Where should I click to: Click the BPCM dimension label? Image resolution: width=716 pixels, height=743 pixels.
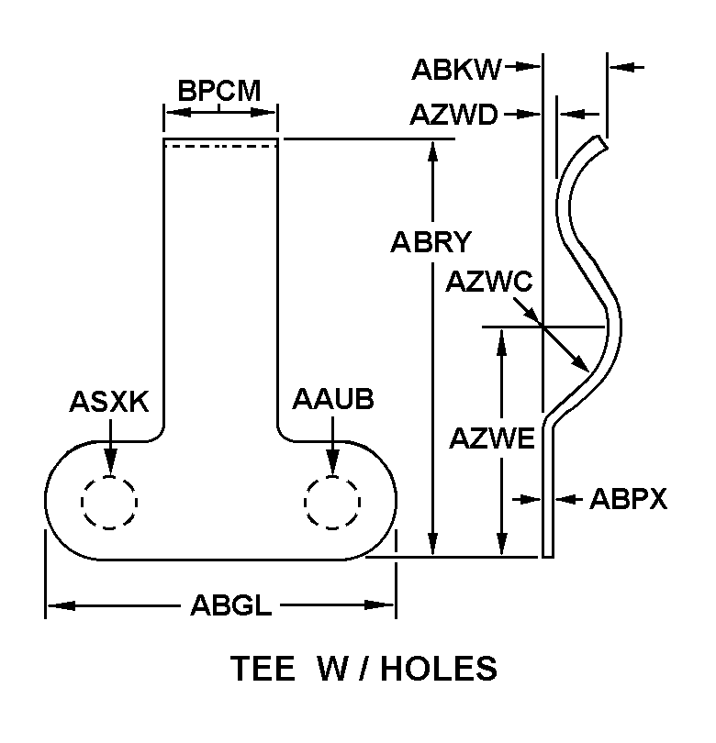[219, 91]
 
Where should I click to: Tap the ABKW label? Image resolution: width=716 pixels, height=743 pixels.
[456, 68]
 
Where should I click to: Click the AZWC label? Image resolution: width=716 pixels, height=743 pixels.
[488, 282]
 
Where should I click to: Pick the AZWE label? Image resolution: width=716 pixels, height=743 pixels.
[492, 439]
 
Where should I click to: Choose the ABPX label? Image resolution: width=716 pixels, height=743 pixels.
[628, 500]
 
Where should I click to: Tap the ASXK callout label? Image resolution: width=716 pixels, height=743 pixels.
[108, 403]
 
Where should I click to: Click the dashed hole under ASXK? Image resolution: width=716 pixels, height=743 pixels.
[108, 501]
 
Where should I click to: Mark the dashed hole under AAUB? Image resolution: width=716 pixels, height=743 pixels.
[332, 502]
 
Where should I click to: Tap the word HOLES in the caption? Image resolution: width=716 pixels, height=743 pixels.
[441, 669]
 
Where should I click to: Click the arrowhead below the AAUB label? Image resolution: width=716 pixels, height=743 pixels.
[332, 466]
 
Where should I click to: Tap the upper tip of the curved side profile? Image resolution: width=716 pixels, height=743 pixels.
[602, 142]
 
